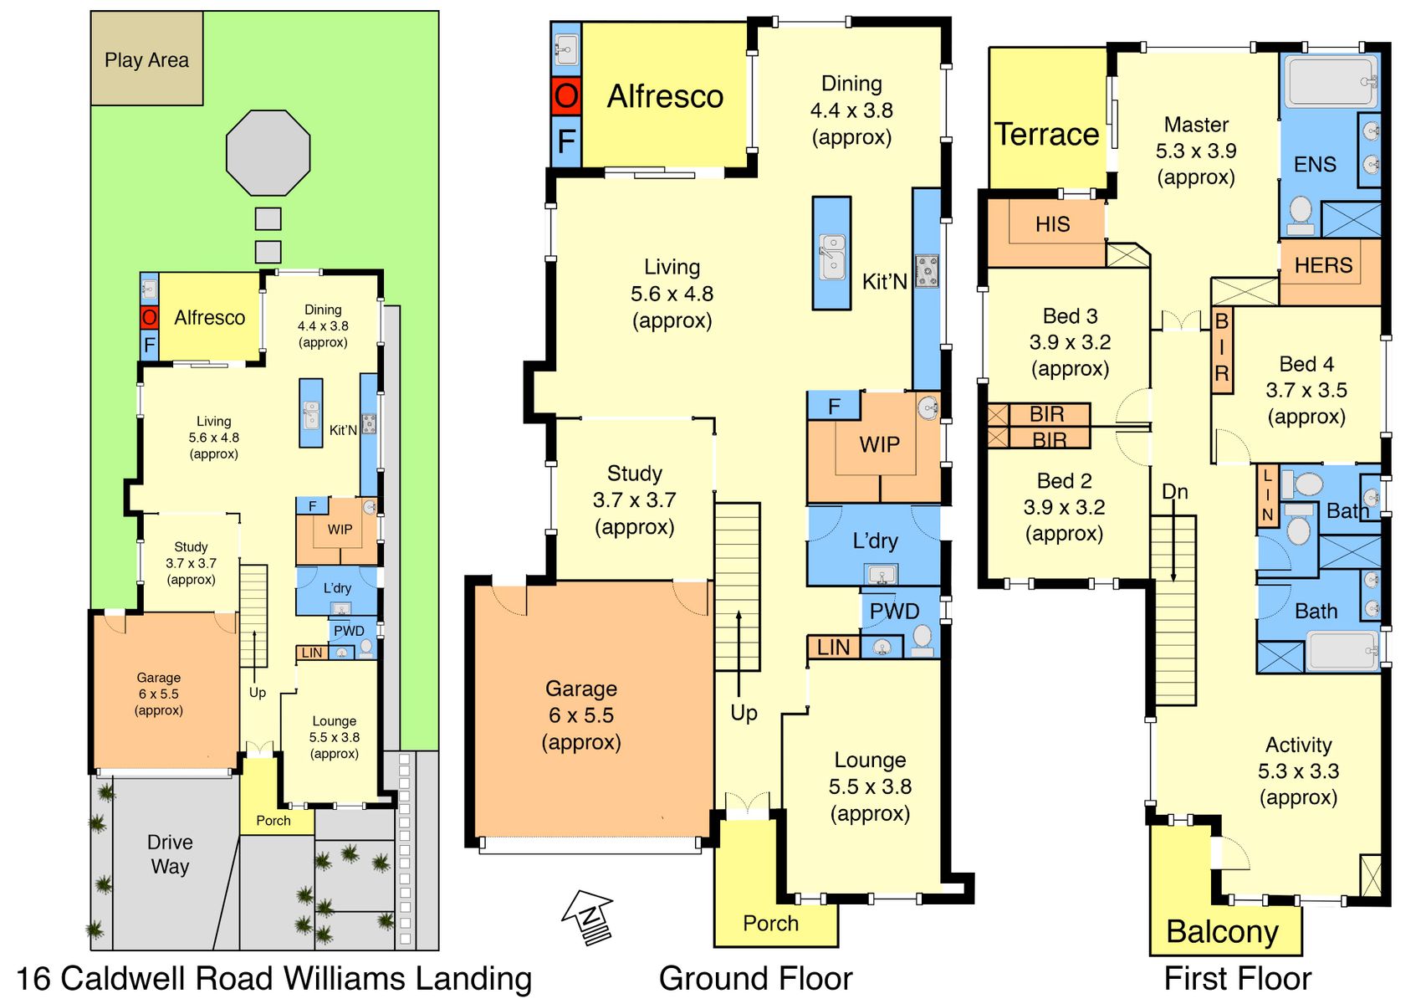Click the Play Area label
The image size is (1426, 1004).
[x=146, y=60]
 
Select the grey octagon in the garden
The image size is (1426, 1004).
[x=268, y=153]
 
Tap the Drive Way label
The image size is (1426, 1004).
[x=170, y=854]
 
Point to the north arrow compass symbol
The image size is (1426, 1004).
[x=588, y=917]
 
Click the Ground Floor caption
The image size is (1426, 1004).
[x=755, y=979]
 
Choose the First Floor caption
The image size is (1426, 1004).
[x=1238, y=979]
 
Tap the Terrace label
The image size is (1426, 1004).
[x=1046, y=135]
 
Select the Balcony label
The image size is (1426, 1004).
[x=1222, y=933]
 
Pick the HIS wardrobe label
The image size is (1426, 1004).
[x=1052, y=224]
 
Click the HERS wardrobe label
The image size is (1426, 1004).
[x=1323, y=265]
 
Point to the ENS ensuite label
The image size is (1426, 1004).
[x=1315, y=164]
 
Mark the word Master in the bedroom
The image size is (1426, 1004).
[x=1196, y=125]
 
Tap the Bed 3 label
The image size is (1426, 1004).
[x=1071, y=315]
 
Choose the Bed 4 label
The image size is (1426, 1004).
[x=1306, y=364]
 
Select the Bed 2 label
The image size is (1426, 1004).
[x=1064, y=481]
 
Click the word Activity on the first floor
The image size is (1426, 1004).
[x=1298, y=745]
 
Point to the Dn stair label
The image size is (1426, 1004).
[x=1174, y=491]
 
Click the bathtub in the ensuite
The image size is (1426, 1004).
[x=1331, y=81]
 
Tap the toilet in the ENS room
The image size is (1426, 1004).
[x=1300, y=214]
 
